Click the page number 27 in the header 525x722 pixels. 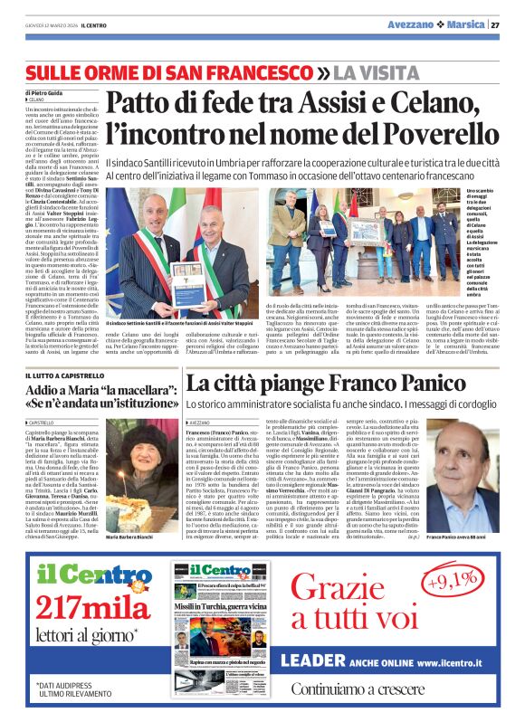(495, 24)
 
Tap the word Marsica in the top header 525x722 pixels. (461, 24)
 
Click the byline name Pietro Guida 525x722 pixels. (46, 93)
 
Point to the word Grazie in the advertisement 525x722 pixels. (361, 584)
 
